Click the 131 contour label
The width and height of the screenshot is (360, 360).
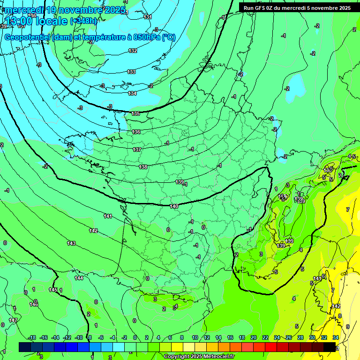pyautogui.click(x=148, y=17)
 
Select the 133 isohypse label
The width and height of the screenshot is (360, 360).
pyautogui.click(x=131, y=72)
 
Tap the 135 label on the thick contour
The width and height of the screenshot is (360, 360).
pyautogui.click(x=135, y=113)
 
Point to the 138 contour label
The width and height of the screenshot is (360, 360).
pyautogui.click(x=143, y=167)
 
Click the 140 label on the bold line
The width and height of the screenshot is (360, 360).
pyautogui.click(x=174, y=206)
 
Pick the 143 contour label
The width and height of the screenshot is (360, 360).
pyautogui.click(x=71, y=243)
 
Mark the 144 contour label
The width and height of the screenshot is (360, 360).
pyautogui.click(x=79, y=278)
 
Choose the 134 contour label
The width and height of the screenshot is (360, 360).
pyautogui.click(x=133, y=93)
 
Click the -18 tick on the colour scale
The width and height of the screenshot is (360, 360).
pyautogui.click(x=32, y=337)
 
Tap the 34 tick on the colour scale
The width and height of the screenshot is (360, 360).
pyautogui.click(x=335, y=337)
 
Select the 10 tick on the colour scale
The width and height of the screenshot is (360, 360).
pyautogui.click(x=195, y=337)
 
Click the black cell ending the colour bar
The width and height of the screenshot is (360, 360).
pyautogui.click(x=330, y=347)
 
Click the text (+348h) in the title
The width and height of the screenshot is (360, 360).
pyautogui.click(x=84, y=21)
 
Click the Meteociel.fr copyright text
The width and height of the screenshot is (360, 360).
pyautogui.click(x=198, y=357)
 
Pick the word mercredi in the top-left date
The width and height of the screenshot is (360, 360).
pyautogui.click(x=24, y=10)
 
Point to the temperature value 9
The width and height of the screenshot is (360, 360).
pyautogui.click(x=347, y=327)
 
